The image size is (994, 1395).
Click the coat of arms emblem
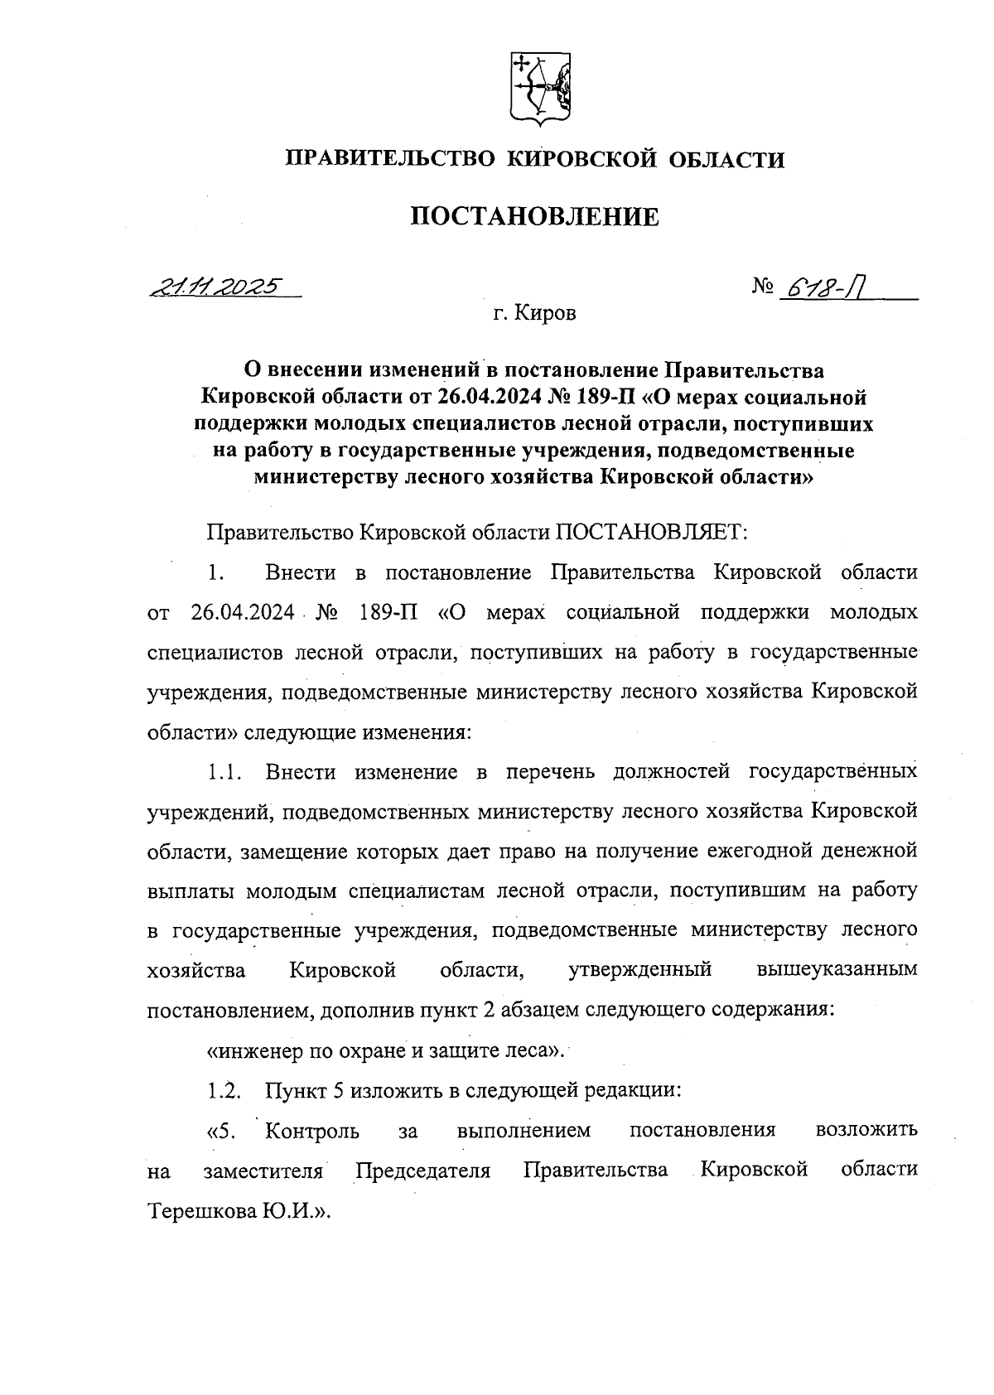coord(538,89)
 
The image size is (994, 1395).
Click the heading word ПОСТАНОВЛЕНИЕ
coord(535,217)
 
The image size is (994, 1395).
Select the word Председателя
coord(423,1171)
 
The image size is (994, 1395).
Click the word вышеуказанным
coord(837,970)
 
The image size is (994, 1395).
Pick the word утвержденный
coord(640,970)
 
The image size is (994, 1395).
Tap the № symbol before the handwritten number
coord(763,287)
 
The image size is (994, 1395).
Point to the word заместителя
coord(263,1171)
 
